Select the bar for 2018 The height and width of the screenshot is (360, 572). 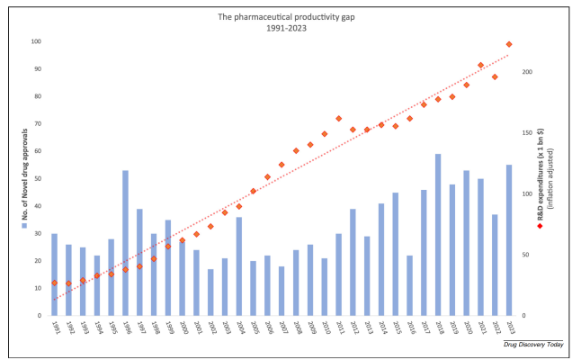coord(438,235)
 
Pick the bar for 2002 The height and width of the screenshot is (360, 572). coord(210,292)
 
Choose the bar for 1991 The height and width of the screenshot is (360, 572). coord(54,274)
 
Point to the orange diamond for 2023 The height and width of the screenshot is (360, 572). coord(509,44)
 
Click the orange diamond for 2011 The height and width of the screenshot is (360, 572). coord(338,118)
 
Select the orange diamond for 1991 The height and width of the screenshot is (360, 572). coord(54,283)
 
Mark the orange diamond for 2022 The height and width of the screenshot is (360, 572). coord(495,76)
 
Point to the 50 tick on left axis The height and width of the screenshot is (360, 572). coord(38,178)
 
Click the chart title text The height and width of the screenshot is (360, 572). coord(286,22)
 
